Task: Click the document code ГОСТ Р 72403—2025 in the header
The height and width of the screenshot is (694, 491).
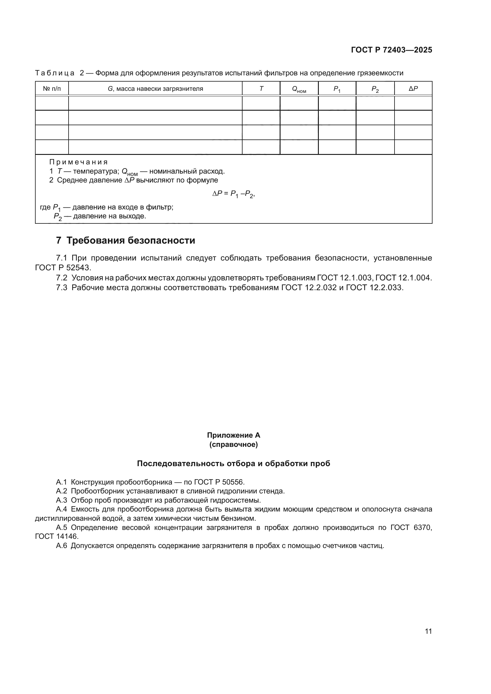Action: (x=392, y=50)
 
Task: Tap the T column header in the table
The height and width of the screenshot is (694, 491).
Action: (x=261, y=88)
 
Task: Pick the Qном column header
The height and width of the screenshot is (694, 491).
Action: (x=299, y=89)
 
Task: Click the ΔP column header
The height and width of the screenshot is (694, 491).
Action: (x=413, y=88)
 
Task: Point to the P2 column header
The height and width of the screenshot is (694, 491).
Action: (x=375, y=89)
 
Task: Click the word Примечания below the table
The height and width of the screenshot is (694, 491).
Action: (x=79, y=162)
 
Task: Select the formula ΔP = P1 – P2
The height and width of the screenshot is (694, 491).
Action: (x=233, y=194)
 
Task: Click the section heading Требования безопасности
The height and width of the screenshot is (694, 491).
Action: (x=131, y=240)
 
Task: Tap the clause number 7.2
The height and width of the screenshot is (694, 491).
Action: (x=62, y=278)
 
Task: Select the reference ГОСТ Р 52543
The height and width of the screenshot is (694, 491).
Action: (x=63, y=268)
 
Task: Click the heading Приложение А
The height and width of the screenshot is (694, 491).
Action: (x=233, y=435)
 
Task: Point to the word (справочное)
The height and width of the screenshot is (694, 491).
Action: (x=233, y=445)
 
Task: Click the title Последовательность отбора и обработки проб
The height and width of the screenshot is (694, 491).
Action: (x=233, y=463)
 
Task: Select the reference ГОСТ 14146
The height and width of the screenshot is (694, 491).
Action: (x=56, y=536)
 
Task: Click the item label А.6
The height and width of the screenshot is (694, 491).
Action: (x=61, y=546)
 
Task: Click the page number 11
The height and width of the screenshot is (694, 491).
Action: (x=428, y=631)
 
